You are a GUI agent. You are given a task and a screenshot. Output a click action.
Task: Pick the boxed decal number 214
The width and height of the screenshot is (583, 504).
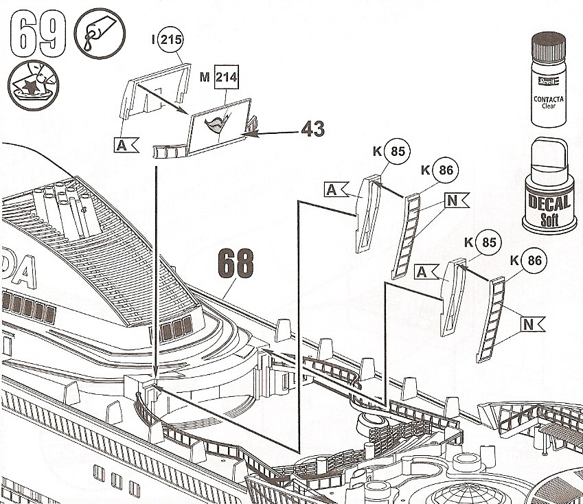coord(225,78)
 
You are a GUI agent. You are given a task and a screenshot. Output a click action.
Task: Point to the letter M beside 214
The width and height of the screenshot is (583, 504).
coord(204,78)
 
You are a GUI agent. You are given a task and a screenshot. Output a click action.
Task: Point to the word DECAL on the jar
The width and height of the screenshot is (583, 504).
coord(549,203)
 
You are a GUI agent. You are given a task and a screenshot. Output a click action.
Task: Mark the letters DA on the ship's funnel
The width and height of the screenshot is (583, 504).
coord(16,275)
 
